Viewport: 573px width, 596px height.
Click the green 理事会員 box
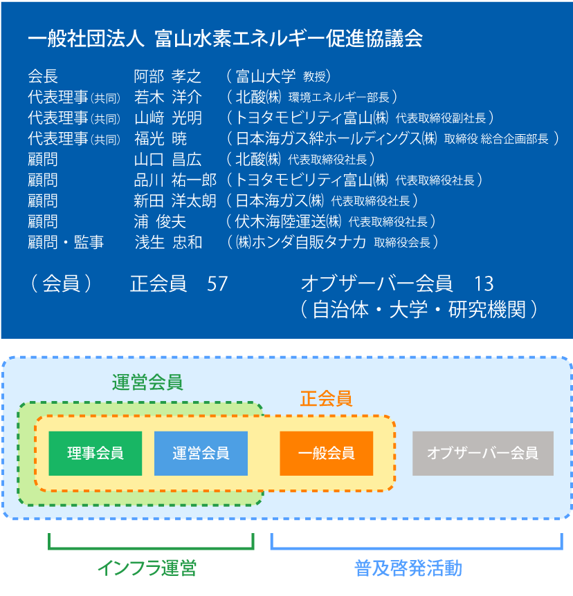[95, 454]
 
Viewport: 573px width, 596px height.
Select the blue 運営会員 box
[201, 454]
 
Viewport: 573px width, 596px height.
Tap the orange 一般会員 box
[327, 454]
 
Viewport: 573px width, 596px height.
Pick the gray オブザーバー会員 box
[483, 454]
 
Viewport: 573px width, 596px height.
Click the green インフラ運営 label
[147, 569]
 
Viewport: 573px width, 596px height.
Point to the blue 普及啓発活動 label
[408, 569]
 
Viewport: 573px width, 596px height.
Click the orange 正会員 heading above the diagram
[326, 399]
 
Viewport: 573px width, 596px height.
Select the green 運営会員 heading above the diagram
[147, 381]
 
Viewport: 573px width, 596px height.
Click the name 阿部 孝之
[167, 76]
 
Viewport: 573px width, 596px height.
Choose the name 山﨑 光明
[167, 118]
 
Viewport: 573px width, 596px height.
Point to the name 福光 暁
[161, 138]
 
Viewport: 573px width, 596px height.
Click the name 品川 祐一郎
[175, 180]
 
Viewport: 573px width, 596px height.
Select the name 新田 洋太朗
[175, 201]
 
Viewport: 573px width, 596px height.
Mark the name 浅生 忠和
[167, 242]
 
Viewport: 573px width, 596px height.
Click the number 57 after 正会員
[217, 284]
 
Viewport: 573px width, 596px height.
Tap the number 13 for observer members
[484, 284]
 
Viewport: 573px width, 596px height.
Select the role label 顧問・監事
[66, 242]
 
